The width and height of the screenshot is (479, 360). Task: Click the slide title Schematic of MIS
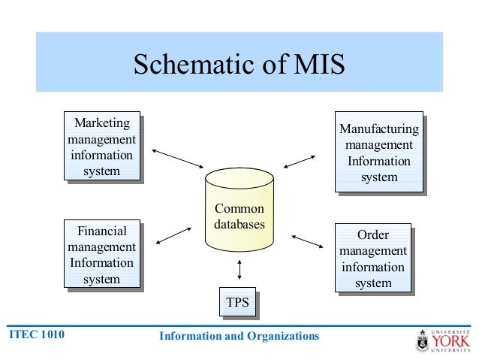click(x=239, y=65)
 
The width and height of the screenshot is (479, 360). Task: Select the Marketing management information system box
click(x=101, y=147)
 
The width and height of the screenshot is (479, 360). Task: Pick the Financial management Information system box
click(x=101, y=255)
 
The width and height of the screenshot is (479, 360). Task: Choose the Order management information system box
click(x=373, y=259)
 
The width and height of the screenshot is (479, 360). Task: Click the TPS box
click(x=237, y=304)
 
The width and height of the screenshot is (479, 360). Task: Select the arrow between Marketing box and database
click(x=178, y=158)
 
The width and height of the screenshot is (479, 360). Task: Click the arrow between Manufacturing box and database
click(x=299, y=161)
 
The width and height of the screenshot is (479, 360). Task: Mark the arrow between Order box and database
click(x=306, y=242)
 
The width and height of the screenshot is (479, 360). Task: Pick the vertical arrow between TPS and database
click(x=239, y=269)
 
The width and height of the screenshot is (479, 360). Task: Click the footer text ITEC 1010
click(x=36, y=335)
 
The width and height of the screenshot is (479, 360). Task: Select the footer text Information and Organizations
click(x=239, y=336)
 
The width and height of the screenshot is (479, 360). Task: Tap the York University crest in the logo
click(x=423, y=342)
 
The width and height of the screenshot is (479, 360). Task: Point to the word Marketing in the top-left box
click(x=101, y=123)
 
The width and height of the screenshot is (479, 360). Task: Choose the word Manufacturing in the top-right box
click(x=379, y=129)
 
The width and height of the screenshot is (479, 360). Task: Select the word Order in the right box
click(x=373, y=235)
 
